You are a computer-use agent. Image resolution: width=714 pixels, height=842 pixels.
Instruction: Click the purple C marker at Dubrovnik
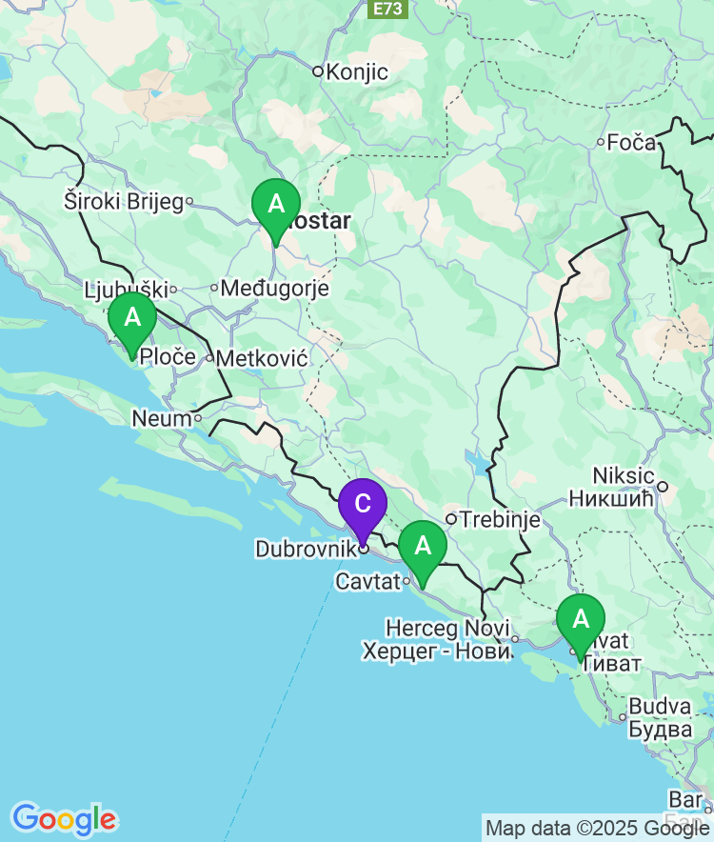pyautogui.click(x=363, y=504)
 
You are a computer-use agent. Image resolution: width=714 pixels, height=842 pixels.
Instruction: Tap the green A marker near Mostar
pyautogui.click(x=276, y=204)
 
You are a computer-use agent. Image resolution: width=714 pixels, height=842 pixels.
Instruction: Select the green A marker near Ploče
pyautogui.click(x=132, y=317)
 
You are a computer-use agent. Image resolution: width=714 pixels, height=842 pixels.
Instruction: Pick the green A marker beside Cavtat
pyautogui.click(x=423, y=546)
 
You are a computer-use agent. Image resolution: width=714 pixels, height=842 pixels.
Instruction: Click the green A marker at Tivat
pyautogui.click(x=581, y=619)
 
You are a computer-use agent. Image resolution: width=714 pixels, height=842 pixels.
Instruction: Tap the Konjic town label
pyautogui.click(x=357, y=71)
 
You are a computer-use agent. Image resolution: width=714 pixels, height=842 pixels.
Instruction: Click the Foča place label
pyautogui.click(x=632, y=143)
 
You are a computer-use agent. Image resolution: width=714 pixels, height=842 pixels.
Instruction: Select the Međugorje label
pyautogui.click(x=275, y=288)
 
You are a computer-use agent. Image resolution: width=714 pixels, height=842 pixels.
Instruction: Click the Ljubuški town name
pyautogui.click(x=126, y=289)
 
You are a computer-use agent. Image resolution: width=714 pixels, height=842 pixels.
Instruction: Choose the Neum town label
pyautogui.click(x=161, y=418)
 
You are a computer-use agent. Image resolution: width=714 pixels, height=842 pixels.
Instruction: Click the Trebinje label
pyautogui.click(x=500, y=520)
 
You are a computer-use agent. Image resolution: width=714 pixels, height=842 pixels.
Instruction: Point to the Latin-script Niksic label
pyautogui.click(x=624, y=475)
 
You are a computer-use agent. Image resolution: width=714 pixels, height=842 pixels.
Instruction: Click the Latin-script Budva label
pyautogui.click(x=660, y=707)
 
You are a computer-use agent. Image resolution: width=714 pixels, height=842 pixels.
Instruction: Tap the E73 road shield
pyautogui.click(x=388, y=9)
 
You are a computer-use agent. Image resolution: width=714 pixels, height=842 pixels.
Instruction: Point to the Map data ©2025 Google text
pyautogui.click(x=597, y=829)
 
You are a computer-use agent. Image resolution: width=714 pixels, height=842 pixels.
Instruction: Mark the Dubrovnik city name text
pyautogui.click(x=303, y=550)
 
